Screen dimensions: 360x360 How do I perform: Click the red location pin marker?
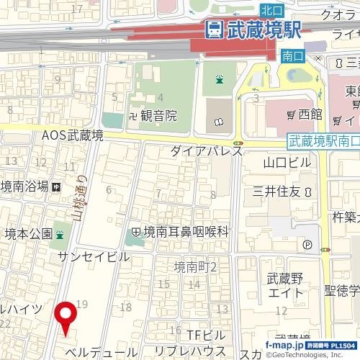pos(66,318)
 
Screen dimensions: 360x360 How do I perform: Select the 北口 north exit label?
pos(271,9)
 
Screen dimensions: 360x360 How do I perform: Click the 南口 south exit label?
pos(292,55)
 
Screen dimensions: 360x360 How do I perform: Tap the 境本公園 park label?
pos(27,233)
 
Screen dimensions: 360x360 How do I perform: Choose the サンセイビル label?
pos(94,257)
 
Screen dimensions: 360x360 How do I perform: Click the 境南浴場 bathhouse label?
pos(24,185)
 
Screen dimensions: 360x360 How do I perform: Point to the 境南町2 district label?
pos(195,267)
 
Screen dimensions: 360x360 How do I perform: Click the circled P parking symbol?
pos(307,245)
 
